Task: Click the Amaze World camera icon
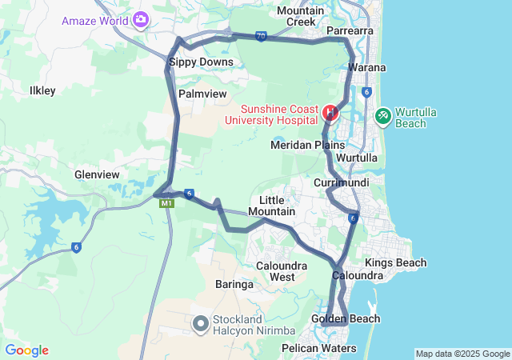pyautogui.click(x=142, y=18)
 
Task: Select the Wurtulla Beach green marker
pyautogui.click(x=383, y=117)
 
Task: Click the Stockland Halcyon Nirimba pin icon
pyautogui.click(x=200, y=324)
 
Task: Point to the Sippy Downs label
pyautogui.click(x=201, y=62)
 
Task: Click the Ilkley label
pyautogui.click(x=42, y=90)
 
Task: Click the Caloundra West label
pyautogui.click(x=275, y=271)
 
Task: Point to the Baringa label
pyautogui.click(x=234, y=284)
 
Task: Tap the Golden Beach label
pyautogui.click(x=346, y=319)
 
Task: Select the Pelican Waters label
pyautogui.click(x=318, y=348)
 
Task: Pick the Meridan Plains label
pyautogui.click(x=307, y=145)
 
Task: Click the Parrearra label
pyautogui.click(x=350, y=31)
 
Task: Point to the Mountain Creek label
pyautogui.click(x=300, y=16)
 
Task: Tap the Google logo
pyautogui.click(x=26, y=350)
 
